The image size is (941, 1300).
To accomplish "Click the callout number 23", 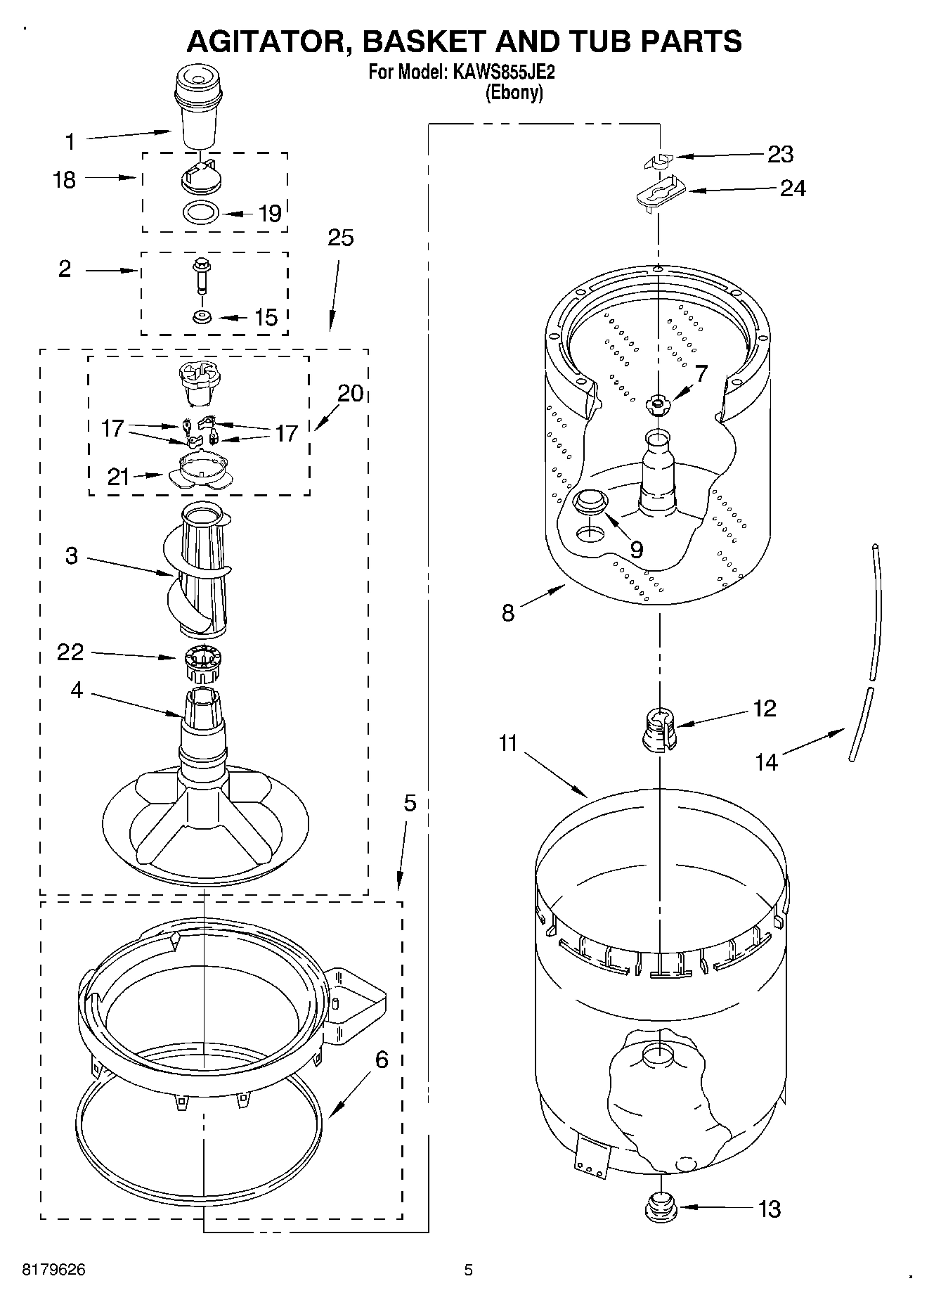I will [x=780, y=154].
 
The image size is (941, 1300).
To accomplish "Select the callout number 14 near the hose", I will [x=767, y=761].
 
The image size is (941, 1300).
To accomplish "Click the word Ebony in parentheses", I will [x=514, y=93].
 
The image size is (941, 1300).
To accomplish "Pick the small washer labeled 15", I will [x=202, y=317].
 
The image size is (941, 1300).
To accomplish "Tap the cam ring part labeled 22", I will [x=203, y=662].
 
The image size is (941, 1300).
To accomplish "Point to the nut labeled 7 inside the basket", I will [x=657, y=403].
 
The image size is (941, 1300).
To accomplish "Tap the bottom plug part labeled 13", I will [x=659, y=1206].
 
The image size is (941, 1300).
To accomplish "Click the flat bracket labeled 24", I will [x=659, y=193].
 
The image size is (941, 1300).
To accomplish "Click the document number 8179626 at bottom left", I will [x=54, y=1270].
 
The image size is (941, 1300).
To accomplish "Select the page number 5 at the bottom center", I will [x=469, y=1270].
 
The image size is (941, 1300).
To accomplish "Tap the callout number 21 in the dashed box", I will [x=118, y=477].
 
